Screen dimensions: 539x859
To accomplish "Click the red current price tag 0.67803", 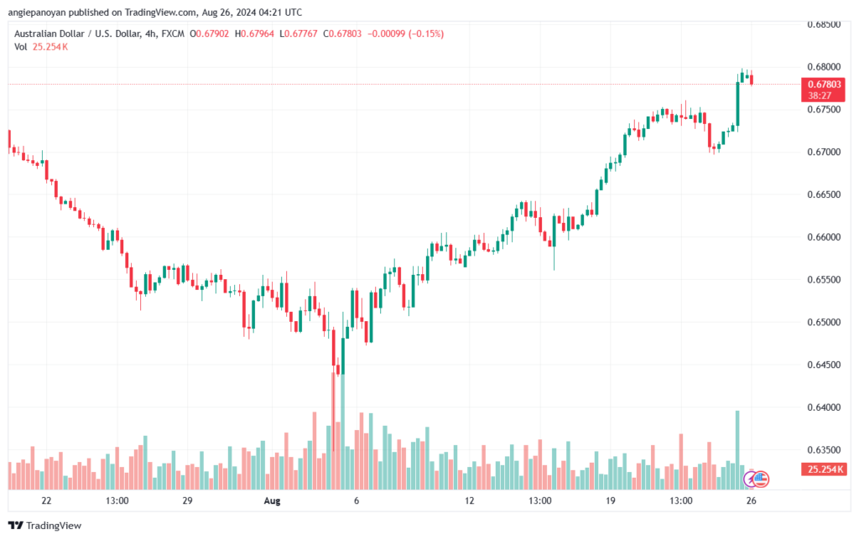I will click(822, 85).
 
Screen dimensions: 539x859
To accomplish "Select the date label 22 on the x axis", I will click(46, 501).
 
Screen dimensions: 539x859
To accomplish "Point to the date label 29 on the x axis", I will click(187, 501).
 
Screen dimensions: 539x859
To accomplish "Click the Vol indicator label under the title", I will click(21, 46).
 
